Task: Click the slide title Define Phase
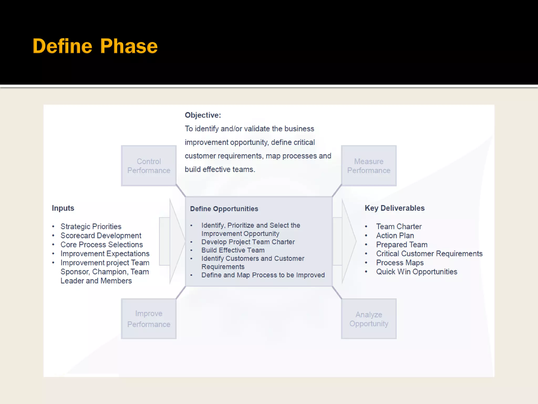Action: point(95,46)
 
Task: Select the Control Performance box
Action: point(149,166)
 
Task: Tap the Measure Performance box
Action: point(369,166)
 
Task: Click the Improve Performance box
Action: point(149,319)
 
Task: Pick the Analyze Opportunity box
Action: point(369,319)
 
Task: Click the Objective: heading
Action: point(203,115)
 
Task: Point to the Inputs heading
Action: point(63,208)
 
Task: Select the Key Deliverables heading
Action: point(395,208)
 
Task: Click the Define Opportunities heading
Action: point(224,209)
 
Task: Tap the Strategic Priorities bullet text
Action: point(91,226)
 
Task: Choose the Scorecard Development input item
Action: point(101,236)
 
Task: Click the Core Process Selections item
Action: point(102,245)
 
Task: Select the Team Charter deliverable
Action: point(399,226)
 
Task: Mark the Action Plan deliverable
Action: point(395,236)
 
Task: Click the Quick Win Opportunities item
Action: point(417,272)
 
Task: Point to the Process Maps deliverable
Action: point(400,263)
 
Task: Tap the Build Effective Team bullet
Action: point(233,250)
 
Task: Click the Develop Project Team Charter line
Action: point(248,242)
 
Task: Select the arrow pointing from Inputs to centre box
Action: point(172,241)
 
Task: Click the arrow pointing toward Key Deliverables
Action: point(345,241)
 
